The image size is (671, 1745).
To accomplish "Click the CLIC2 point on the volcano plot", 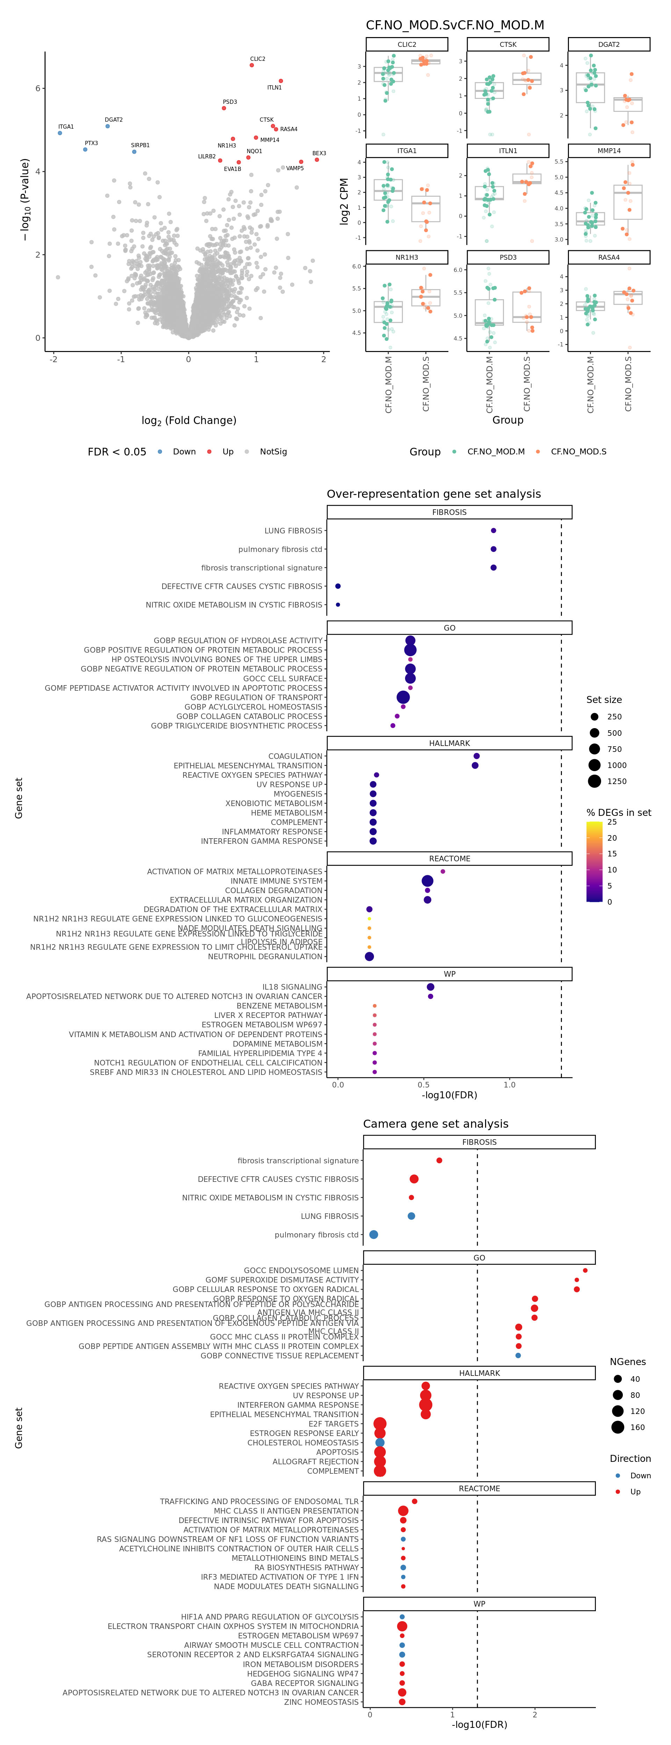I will coord(252,65).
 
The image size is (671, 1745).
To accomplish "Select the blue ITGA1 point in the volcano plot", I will coord(60,133).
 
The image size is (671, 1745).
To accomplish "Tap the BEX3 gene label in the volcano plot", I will coord(319,153).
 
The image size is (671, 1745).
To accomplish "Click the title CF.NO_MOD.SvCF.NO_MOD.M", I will coord(455,25).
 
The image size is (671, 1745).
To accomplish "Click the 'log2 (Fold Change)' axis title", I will coord(189,421).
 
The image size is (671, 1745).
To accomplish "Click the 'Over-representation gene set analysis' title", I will coord(433,494).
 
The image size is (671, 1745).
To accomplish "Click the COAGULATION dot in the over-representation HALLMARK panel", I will coord(477,756).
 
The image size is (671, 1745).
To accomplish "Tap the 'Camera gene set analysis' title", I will coord(435,1124).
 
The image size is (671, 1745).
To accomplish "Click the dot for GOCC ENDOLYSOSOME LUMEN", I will coord(585,1270).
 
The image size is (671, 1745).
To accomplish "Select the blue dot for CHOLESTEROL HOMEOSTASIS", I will coord(380,1443).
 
